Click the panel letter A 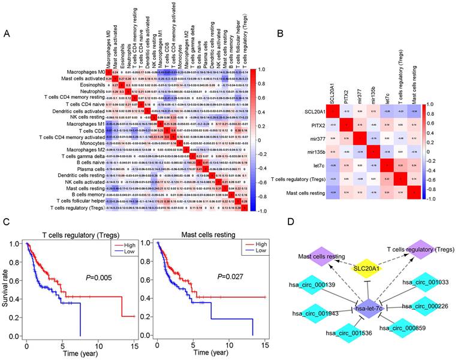tap(8, 35)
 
